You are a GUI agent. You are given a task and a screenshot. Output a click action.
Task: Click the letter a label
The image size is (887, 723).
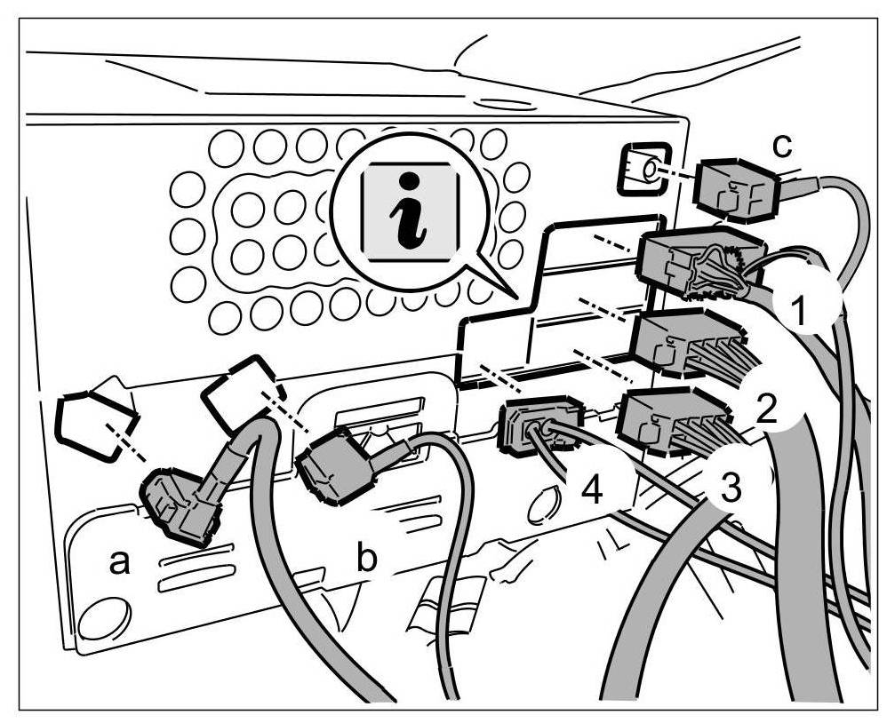click(121, 561)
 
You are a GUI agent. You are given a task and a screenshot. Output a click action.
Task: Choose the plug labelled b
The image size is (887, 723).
click(336, 465)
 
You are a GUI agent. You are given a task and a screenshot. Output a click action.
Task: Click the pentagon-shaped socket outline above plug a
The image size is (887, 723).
click(92, 425)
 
